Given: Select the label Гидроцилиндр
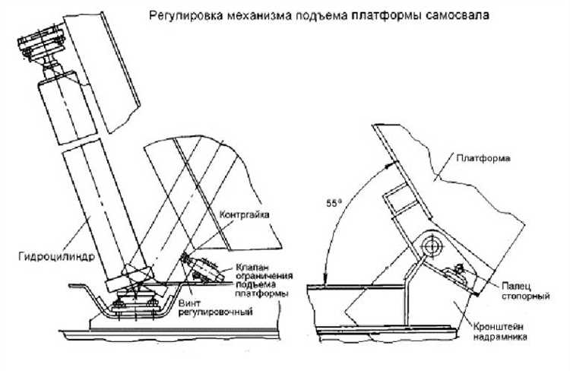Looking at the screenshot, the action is [57, 257].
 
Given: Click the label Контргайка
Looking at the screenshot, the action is [244, 214].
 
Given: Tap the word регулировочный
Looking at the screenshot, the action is [215, 312].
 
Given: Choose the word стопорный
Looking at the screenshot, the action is [525, 296].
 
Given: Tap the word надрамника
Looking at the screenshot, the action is [500, 337].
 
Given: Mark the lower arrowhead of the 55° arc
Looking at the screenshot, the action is [326, 280].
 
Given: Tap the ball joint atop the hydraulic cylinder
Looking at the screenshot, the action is [50, 65].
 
